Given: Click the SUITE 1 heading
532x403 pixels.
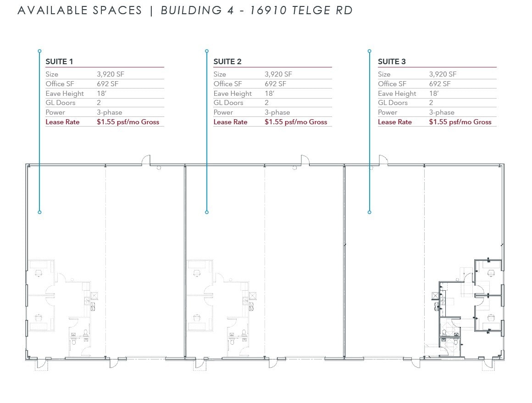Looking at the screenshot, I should (x=59, y=61).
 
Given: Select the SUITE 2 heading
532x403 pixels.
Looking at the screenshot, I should (x=227, y=61).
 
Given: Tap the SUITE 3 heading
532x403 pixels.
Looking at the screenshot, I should (x=392, y=61).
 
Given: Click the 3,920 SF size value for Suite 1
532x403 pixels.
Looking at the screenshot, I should (x=111, y=74).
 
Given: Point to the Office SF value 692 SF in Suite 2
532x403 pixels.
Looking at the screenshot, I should (x=275, y=84).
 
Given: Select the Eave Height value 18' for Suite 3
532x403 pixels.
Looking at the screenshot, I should (x=434, y=94).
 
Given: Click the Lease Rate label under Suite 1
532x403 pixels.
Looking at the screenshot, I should (x=62, y=122).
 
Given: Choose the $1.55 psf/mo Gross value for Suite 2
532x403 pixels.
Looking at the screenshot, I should (x=296, y=122).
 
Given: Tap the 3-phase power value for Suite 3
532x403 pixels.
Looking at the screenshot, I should (x=442, y=112).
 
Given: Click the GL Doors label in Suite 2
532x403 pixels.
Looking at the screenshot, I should (x=228, y=103).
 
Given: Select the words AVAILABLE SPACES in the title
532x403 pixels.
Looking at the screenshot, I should (x=80, y=11).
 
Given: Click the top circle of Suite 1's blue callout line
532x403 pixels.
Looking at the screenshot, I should (x=39, y=51).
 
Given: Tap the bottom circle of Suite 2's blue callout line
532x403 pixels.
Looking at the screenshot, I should (x=207, y=212).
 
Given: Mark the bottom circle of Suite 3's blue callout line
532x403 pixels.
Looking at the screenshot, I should (x=369, y=212).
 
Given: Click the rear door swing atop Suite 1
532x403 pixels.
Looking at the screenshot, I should (x=145, y=160).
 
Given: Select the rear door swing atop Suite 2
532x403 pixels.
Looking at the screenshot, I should (x=305, y=160).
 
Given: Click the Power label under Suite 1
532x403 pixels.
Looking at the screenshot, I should (x=55, y=112).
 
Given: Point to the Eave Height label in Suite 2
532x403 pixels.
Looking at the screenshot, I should (x=233, y=94).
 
